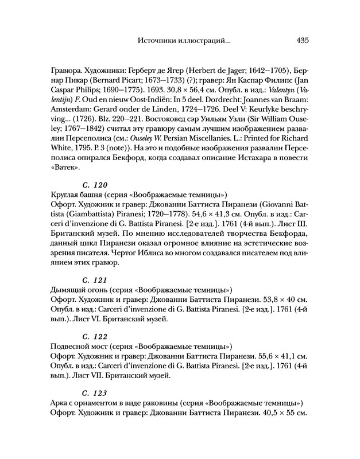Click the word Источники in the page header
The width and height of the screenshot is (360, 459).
click(x=157, y=41)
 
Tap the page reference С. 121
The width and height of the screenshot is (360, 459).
click(x=95, y=279)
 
